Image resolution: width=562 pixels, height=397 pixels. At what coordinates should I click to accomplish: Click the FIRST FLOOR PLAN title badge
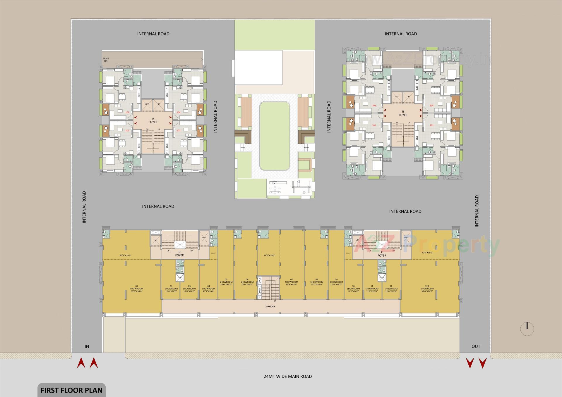(x=71, y=390)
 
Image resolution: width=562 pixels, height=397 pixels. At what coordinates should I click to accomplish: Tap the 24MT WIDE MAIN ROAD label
(x=287, y=376)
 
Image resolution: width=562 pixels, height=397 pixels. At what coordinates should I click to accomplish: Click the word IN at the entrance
(x=87, y=346)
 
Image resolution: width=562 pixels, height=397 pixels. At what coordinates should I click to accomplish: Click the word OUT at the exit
(x=476, y=346)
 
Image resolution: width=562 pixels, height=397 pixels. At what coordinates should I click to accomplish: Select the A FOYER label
(x=153, y=120)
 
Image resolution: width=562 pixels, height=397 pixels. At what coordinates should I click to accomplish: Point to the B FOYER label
(x=403, y=113)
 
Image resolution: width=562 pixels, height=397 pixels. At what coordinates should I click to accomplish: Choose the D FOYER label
(x=179, y=253)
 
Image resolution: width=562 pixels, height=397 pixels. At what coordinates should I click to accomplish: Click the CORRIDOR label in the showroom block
(x=270, y=306)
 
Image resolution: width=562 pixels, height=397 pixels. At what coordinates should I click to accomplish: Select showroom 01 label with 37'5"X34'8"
(x=137, y=289)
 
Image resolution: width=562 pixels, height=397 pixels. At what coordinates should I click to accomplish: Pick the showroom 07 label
(x=292, y=282)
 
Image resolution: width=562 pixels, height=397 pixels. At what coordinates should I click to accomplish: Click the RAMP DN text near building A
(x=106, y=60)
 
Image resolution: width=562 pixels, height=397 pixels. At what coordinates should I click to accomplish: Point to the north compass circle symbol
(x=527, y=329)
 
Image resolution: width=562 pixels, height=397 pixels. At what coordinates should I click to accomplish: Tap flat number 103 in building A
(x=127, y=112)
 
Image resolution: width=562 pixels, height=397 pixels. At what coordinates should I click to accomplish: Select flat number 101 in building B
(x=431, y=125)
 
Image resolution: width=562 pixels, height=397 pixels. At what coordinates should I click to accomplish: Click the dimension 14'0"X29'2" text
(x=269, y=255)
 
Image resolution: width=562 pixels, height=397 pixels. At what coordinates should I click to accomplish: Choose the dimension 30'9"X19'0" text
(x=125, y=255)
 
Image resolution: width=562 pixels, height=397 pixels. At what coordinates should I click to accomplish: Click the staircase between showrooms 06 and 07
(x=269, y=288)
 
